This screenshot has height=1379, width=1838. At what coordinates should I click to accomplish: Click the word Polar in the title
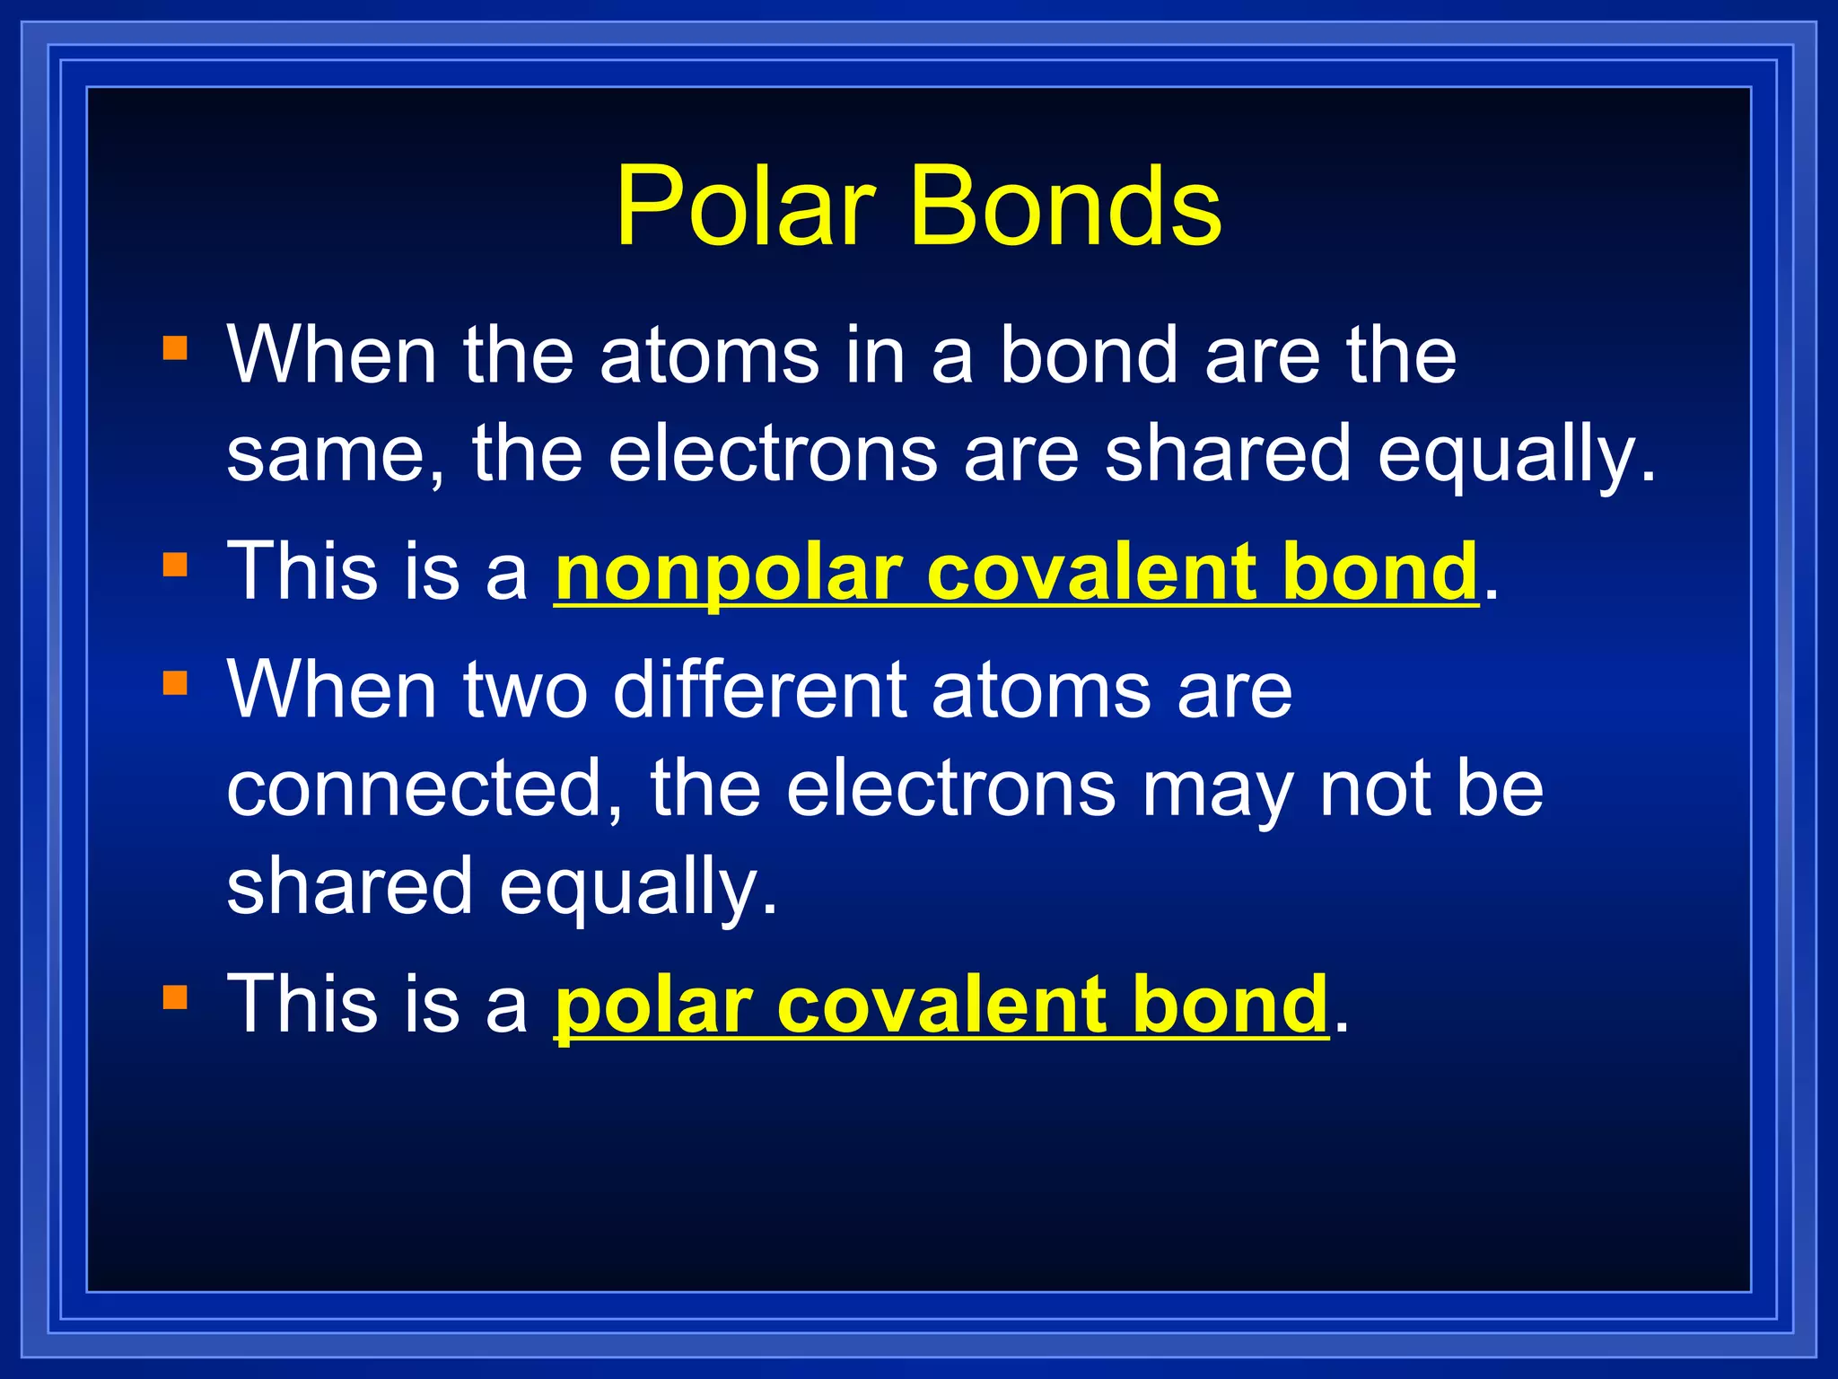click(745, 208)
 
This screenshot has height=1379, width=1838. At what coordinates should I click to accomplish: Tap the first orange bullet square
click(175, 348)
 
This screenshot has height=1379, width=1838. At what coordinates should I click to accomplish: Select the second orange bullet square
click(175, 565)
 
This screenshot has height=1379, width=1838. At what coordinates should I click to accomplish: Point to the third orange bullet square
click(175, 683)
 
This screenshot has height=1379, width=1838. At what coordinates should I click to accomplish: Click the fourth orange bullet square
click(175, 997)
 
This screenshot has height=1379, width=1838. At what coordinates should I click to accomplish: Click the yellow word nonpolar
click(728, 575)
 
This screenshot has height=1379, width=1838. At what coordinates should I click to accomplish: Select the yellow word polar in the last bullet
click(652, 1006)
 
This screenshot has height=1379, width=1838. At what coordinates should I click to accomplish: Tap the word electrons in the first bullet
click(772, 454)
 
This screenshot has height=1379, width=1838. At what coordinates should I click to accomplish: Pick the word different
click(759, 691)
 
